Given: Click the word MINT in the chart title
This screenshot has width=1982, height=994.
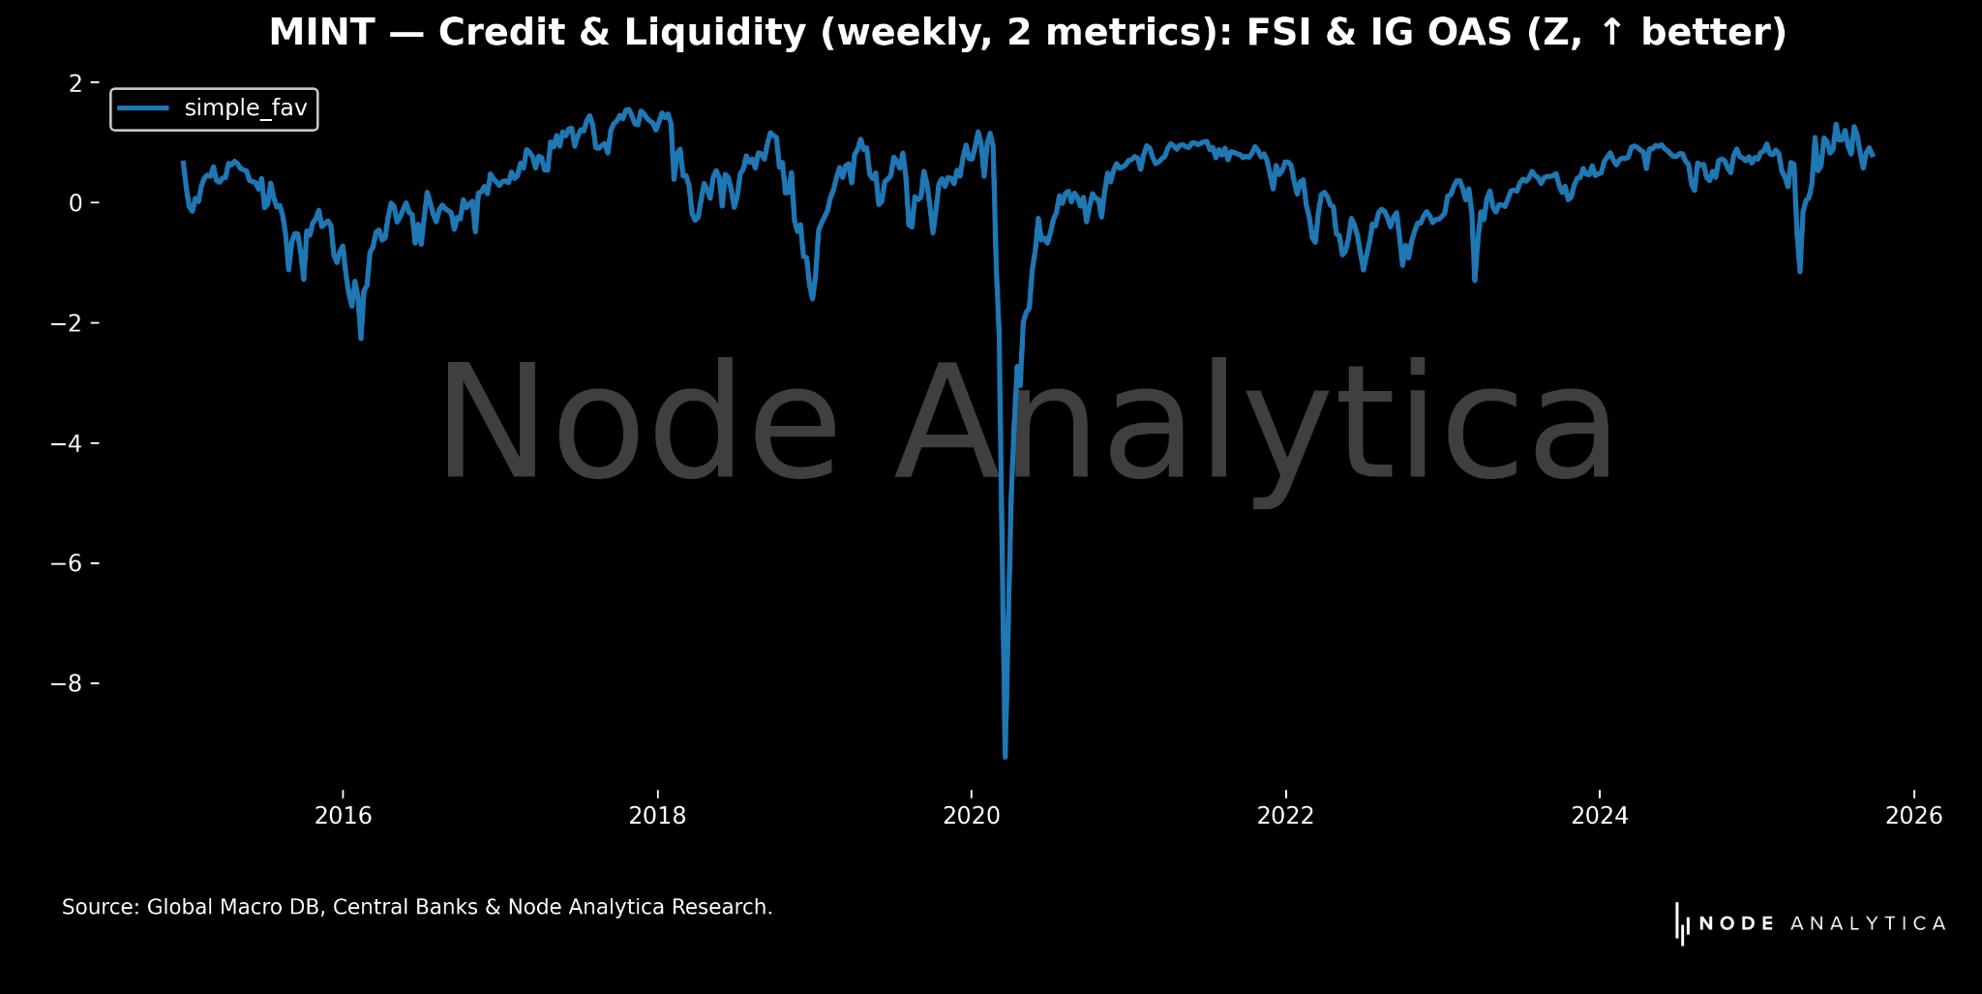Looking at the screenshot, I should point(321,33).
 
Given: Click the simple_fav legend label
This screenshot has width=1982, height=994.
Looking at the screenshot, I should point(246,108).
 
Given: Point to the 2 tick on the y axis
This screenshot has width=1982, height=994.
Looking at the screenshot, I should point(75,83).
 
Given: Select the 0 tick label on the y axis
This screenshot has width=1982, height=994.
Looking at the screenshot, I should point(75,203).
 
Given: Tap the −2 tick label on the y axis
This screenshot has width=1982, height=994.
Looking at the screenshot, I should point(67,323).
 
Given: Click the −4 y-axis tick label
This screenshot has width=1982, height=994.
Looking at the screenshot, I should point(67,443).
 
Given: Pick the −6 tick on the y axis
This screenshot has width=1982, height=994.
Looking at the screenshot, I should point(67,563).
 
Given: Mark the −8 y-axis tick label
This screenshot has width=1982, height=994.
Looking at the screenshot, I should point(67,683).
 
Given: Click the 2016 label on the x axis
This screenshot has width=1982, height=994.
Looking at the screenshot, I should point(343,816).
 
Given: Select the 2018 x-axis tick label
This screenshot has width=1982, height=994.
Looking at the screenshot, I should point(657,816).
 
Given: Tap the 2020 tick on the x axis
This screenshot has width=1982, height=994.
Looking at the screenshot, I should point(971,816).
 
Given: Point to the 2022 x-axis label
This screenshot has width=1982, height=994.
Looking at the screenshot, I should point(1285,816).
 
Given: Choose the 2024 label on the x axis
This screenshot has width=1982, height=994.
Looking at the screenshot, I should point(1600,816).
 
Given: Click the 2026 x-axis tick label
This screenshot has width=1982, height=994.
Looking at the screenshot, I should point(1913,816).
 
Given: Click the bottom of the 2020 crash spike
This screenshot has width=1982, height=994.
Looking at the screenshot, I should point(1006,756).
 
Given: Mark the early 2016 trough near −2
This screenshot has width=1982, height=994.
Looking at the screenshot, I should point(361,338).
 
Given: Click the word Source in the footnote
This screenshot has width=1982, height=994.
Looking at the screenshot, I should point(100,908).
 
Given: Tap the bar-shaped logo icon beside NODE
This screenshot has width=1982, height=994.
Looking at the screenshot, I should point(1682,924).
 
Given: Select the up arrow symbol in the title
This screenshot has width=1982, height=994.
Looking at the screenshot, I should point(1610,33).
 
